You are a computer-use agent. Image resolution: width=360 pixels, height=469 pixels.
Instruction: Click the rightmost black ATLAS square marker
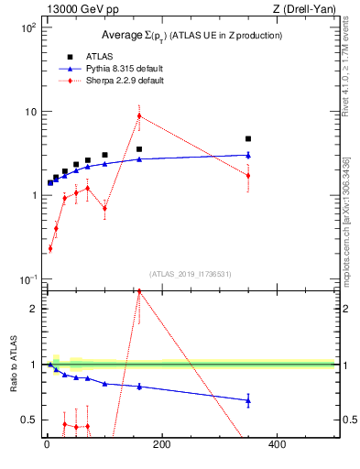(248, 139)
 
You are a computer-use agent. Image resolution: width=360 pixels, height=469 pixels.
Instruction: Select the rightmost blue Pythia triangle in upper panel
(248, 155)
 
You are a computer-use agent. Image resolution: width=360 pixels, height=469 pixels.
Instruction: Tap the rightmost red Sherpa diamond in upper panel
(248, 176)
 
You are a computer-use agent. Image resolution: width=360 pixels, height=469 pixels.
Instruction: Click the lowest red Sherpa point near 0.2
(50, 248)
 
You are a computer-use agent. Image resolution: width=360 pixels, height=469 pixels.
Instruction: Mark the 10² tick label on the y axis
(28, 27)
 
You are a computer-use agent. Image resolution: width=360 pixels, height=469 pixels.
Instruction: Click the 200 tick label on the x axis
(162, 446)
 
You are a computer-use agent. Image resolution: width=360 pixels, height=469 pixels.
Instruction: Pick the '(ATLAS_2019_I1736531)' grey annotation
(191, 274)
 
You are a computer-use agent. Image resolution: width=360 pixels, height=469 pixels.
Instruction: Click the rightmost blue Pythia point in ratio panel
(248, 399)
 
